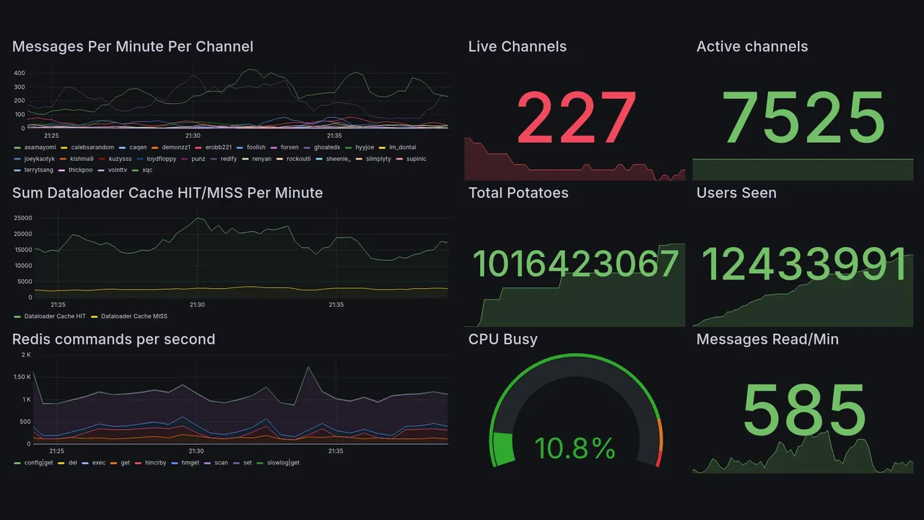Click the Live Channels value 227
pos(577,118)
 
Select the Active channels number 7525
pos(804,118)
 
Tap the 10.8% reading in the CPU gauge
pos(575,448)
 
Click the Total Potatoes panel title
pos(518,193)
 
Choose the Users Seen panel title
pos(736,193)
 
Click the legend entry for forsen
pos(289,147)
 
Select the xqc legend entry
pos(147,170)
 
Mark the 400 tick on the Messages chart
pos(19,73)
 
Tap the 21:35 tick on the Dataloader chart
pos(336,305)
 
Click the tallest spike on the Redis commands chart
pos(309,368)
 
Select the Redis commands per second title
pos(113,339)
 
